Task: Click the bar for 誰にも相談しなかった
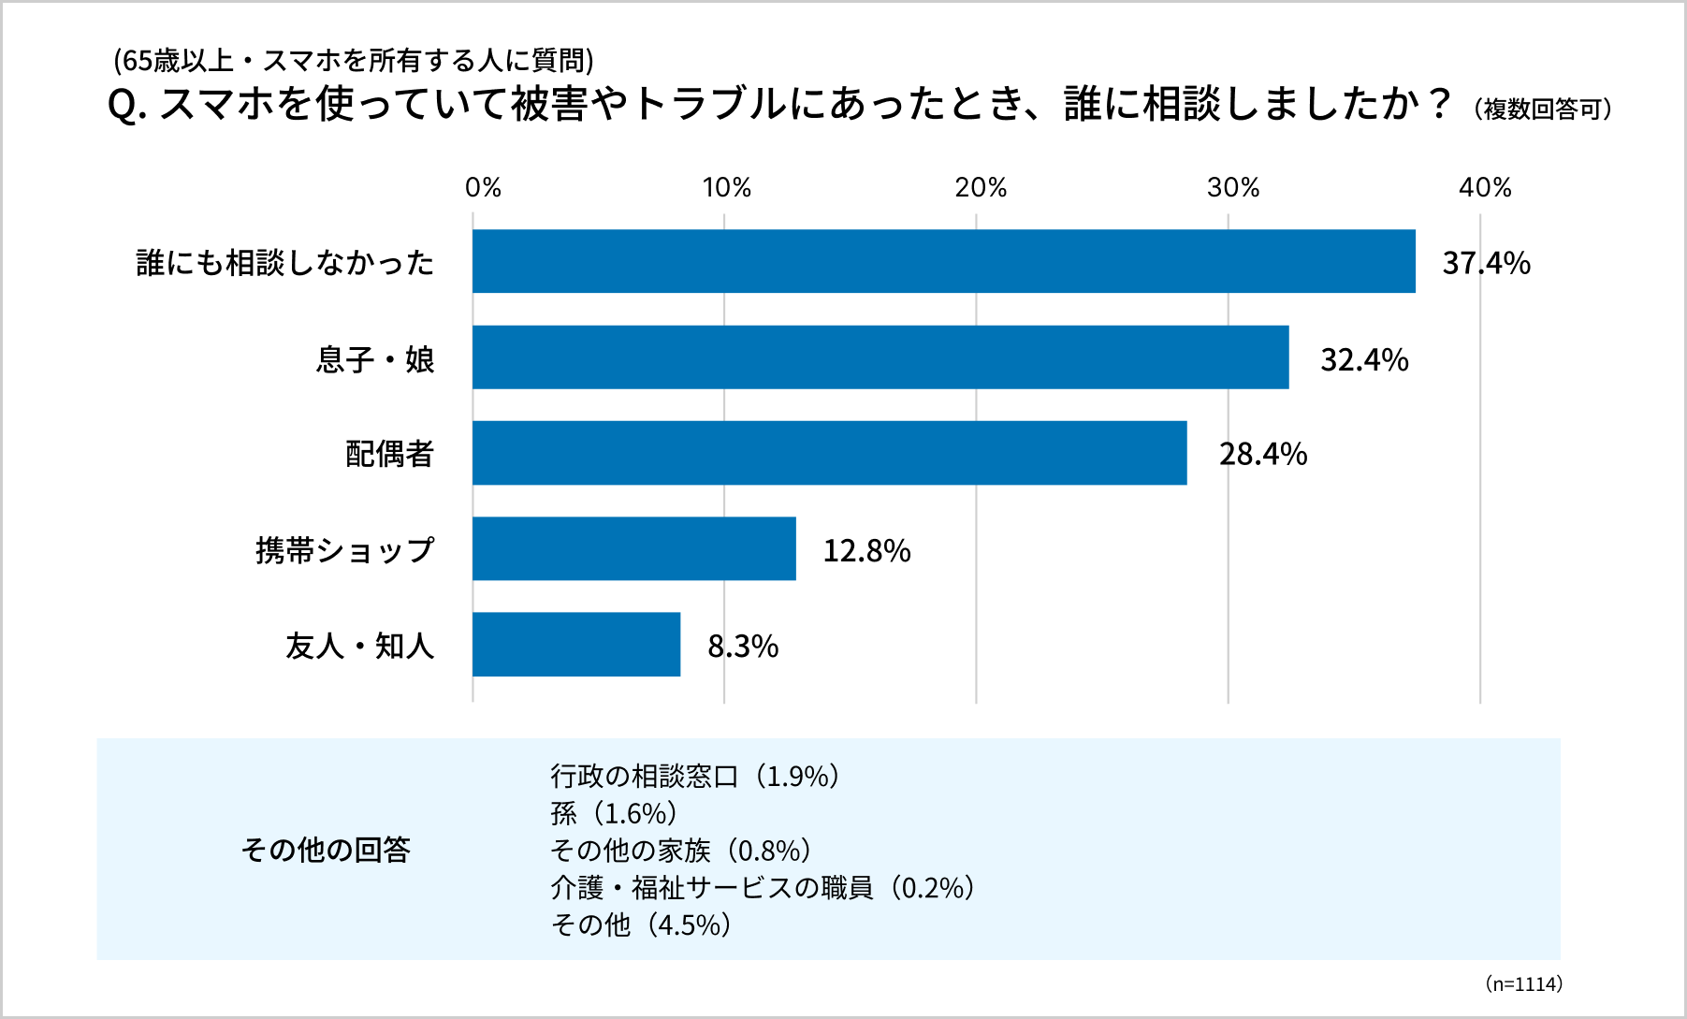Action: click(x=943, y=261)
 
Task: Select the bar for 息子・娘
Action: click(x=880, y=357)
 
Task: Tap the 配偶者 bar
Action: click(x=829, y=453)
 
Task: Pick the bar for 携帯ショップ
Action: click(x=633, y=549)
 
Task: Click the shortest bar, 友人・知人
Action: click(x=575, y=645)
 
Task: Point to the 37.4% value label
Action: click(x=1486, y=263)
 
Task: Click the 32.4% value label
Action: click(x=1364, y=359)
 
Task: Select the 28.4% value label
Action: click(x=1262, y=455)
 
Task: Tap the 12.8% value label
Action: click(x=866, y=551)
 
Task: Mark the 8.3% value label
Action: click(x=743, y=647)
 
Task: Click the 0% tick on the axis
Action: click(x=483, y=188)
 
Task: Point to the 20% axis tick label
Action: click(x=981, y=188)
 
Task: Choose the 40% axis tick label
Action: click(x=1485, y=188)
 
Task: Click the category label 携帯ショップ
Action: click(x=345, y=550)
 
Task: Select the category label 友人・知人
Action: click(x=360, y=646)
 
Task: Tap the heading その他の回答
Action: click(x=326, y=850)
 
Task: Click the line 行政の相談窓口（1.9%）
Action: click(x=695, y=776)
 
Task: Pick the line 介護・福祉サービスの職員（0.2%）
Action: click(x=764, y=887)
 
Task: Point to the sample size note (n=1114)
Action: click(x=1523, y=984)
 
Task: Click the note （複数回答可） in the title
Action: click(x=1543, y=109)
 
